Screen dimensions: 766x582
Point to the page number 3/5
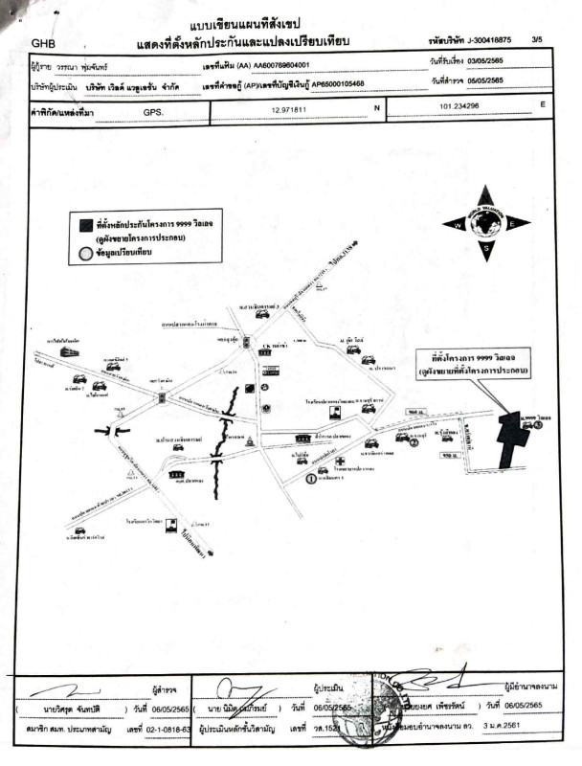(563, 39)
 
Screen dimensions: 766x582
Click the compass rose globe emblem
(485, 223)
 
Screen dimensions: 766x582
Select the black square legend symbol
(86, 225)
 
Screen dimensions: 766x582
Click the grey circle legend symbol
(86, 254)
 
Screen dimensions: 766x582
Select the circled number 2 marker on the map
(414, 442)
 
